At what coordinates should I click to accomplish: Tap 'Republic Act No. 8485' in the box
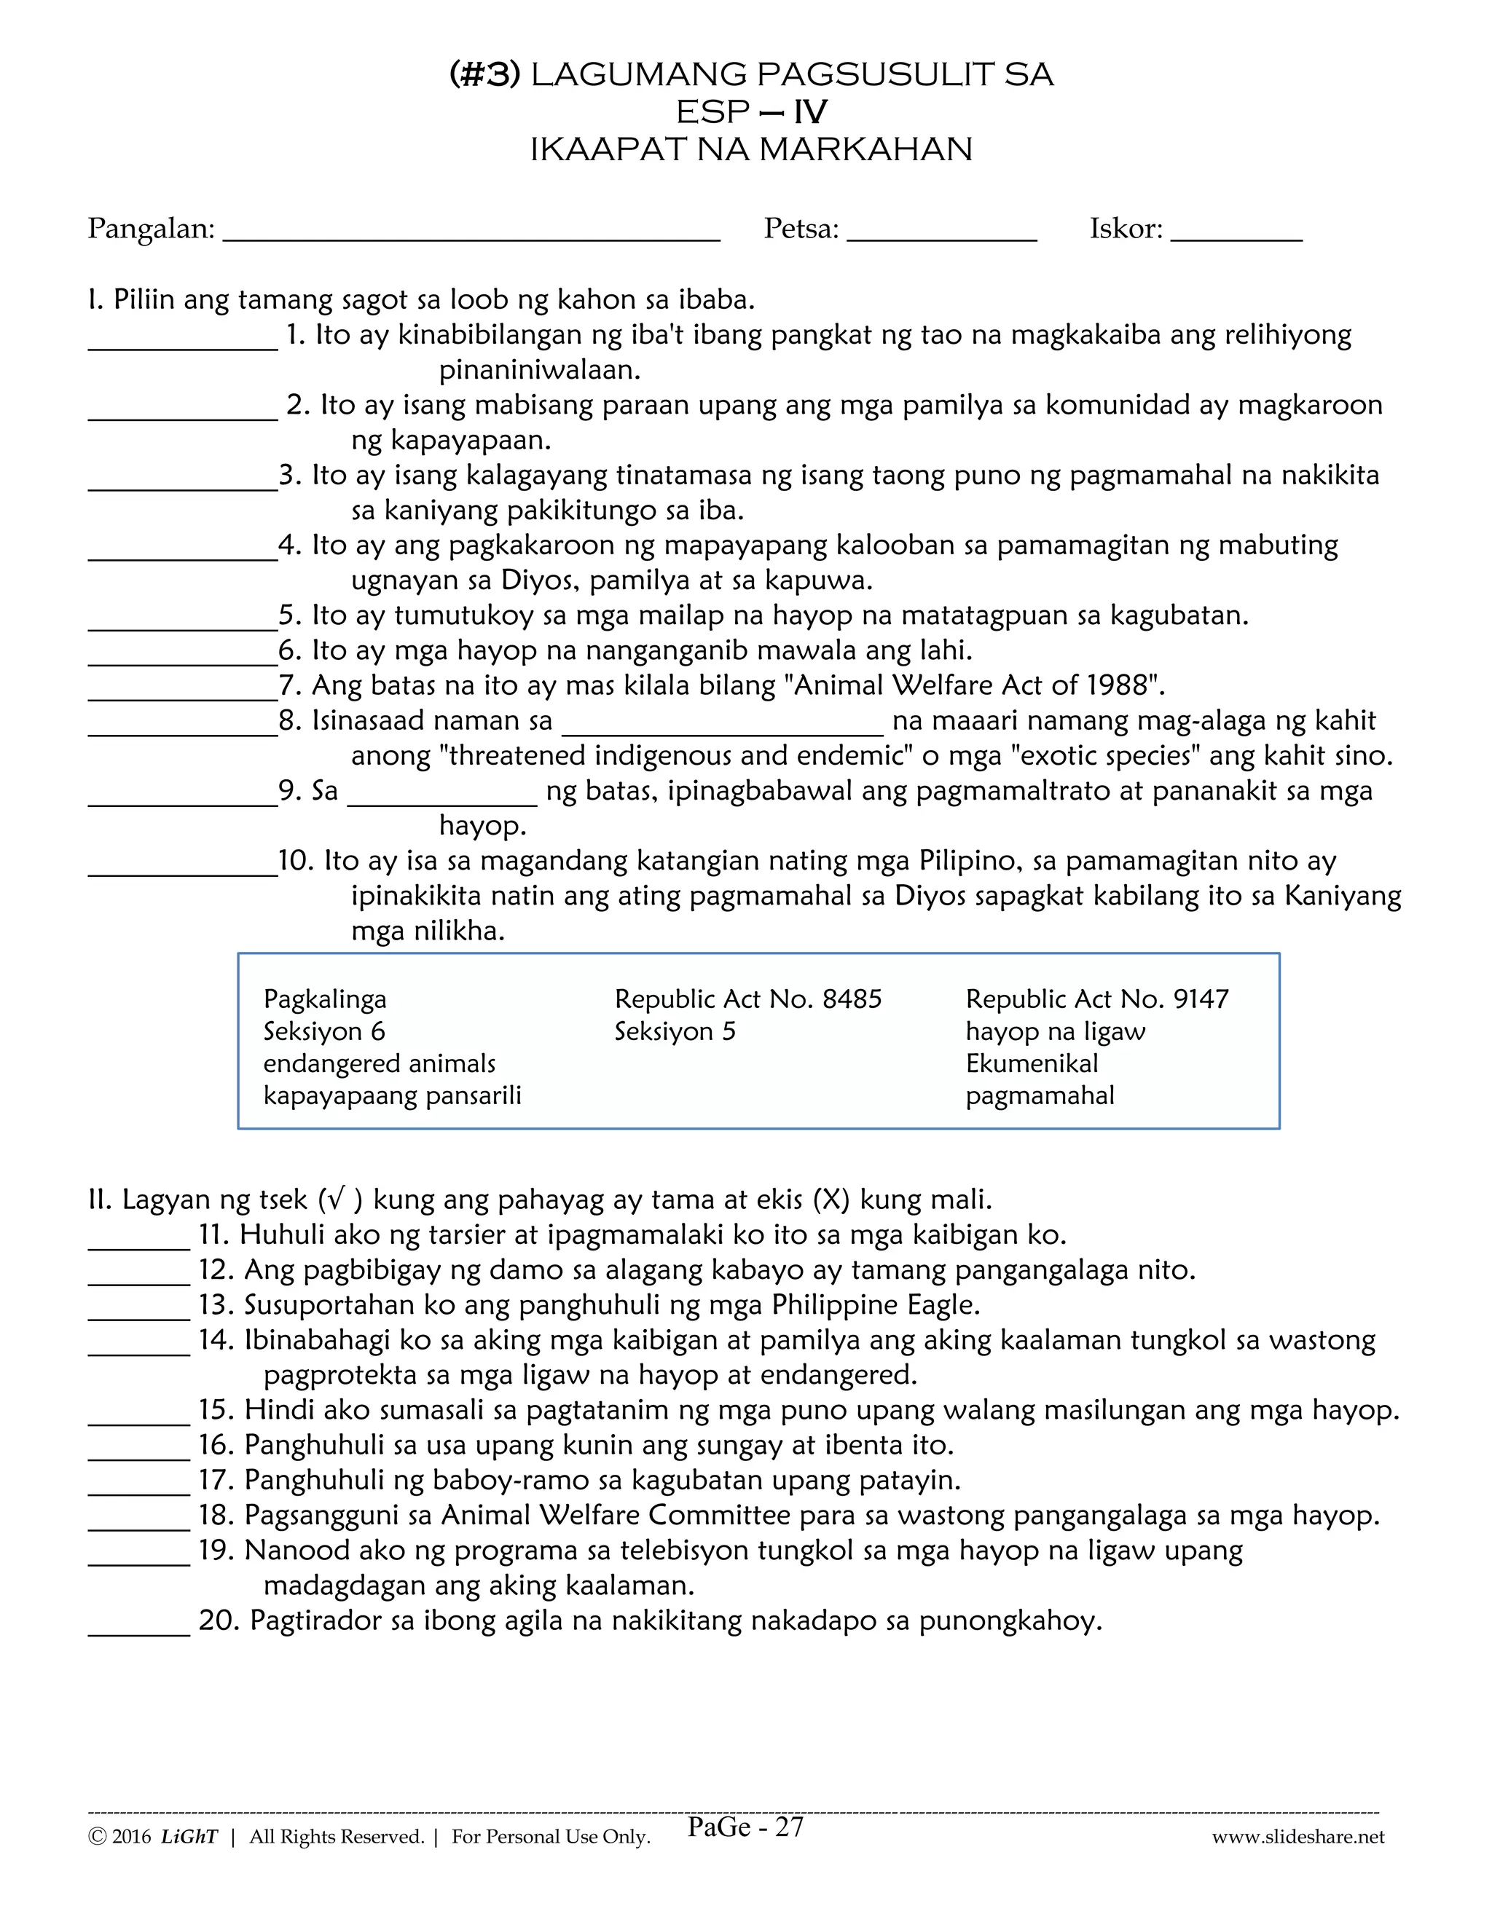pyautogui.click(x=747, y=999)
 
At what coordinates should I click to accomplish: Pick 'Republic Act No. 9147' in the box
pyautogui.click(x=1097, y=999)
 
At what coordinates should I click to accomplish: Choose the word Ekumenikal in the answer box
pyautogui.click(x=1032, y=1064)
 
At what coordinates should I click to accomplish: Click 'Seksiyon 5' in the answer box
pyautogui.click(x=675, y=1032)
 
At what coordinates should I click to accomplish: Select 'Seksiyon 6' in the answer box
pyautogui.click(x=323, y=1032)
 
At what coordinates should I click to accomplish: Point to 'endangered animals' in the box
pyautogui.click(x=379, y=1064)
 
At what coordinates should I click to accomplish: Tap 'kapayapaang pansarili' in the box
pyautogui.click(x=393, y=1097)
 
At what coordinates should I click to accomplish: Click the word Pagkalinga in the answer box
pyautogui.click(x=324, y=999)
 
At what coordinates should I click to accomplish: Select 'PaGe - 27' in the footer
pyautogui.click(x=745, y=1827)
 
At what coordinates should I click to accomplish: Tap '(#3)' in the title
pyautogui.click(x=484, y=74)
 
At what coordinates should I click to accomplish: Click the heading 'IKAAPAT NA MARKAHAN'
pyautogui.click(x=750, y=149)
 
